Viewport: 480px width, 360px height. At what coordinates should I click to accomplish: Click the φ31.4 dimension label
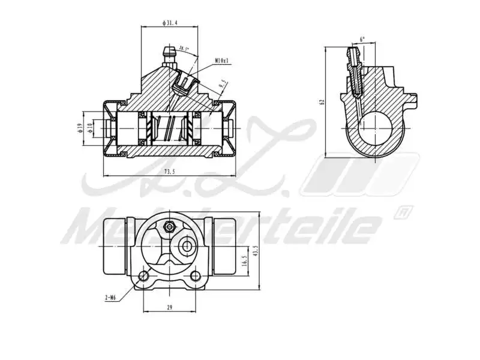click(170, 23)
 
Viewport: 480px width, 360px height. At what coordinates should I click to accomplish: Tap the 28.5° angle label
click(184, 49)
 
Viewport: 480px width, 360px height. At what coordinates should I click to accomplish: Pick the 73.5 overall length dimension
click(170, 172)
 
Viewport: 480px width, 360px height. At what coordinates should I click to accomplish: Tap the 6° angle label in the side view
click(361, 40)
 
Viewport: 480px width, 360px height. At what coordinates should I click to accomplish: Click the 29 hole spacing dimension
click(170, 307)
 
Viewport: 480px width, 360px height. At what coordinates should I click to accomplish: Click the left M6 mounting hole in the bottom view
click(143, 276)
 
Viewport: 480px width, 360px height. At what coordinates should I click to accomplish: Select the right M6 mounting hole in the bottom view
click(195, 276)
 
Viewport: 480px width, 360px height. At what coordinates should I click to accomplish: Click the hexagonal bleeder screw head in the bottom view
click(169, 227)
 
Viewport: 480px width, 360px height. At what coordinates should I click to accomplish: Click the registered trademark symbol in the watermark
click(403, 211)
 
